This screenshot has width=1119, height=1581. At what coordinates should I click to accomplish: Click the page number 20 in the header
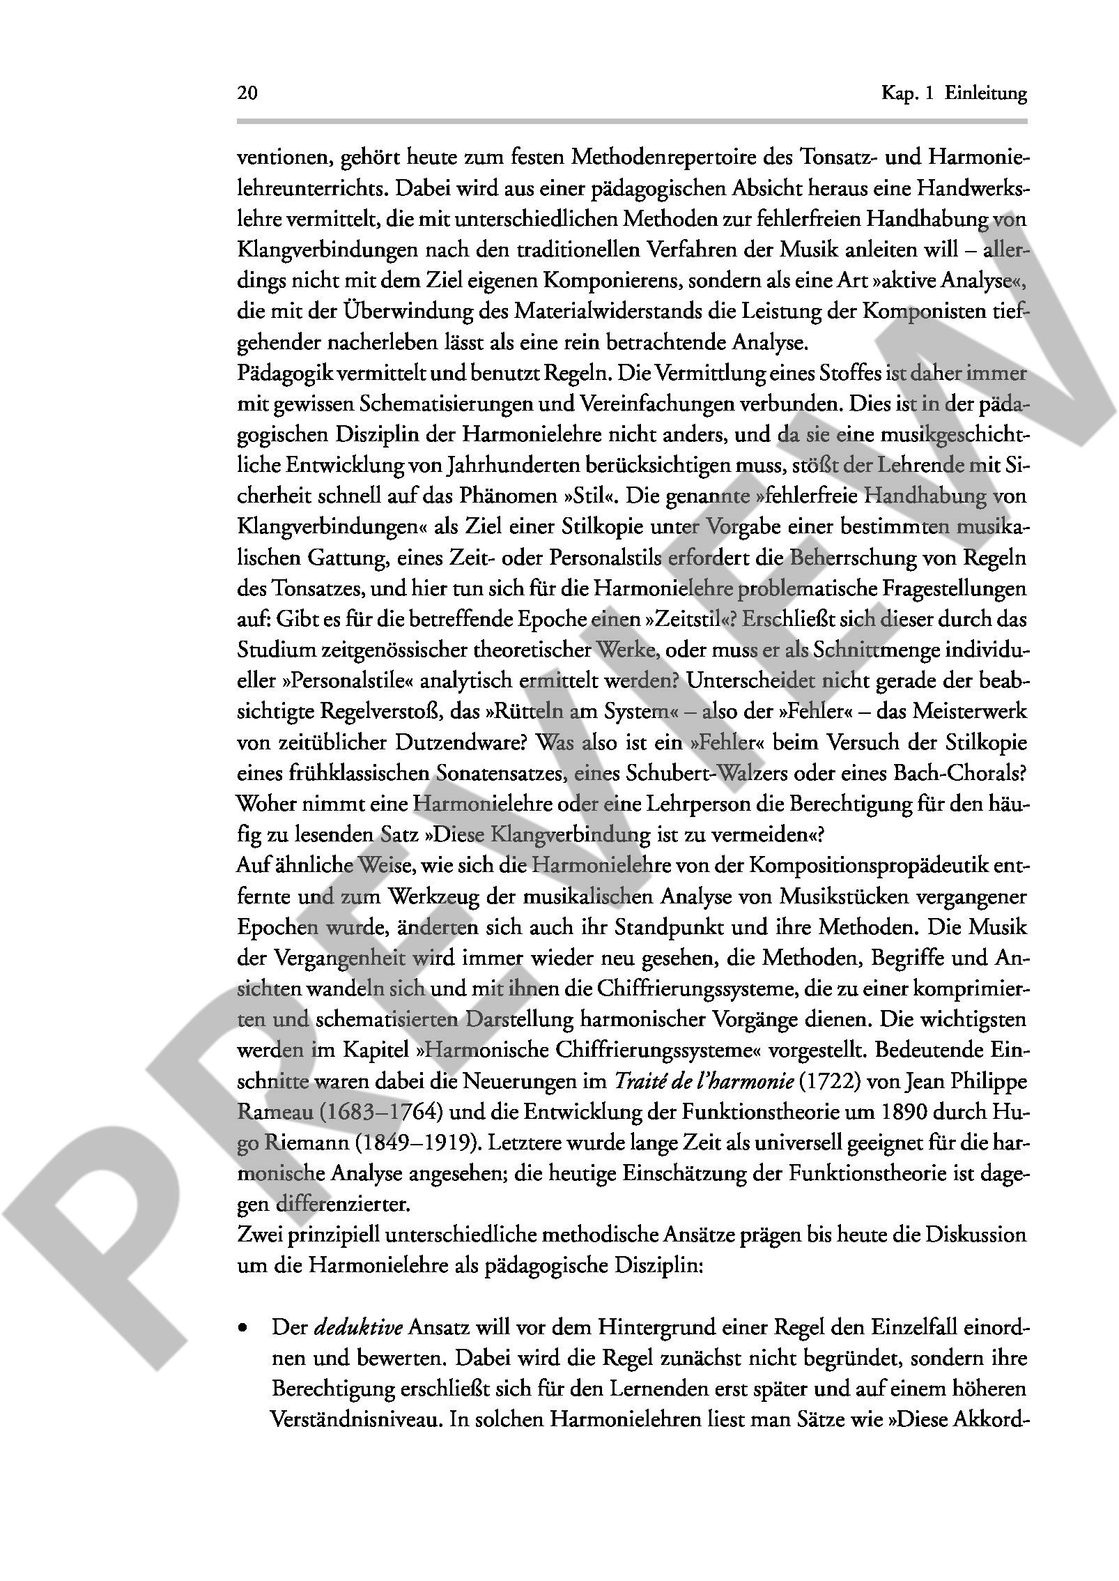pyautogui.click(x=247, y=93)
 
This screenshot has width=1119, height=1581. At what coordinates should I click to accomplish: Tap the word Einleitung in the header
pyautogui.click(x=986, y=93)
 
